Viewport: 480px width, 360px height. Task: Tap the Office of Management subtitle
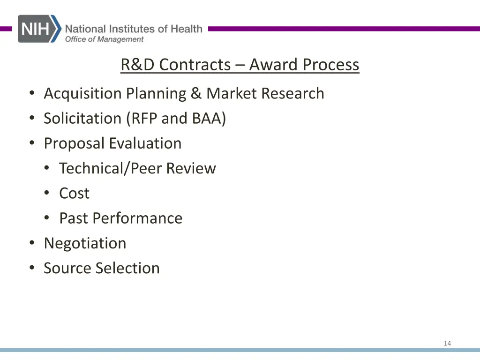(x=104, y=39)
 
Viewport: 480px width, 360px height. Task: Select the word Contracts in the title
(x=195, y=65)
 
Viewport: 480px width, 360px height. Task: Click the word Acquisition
(x=82, y=94)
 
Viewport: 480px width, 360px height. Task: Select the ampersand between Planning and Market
(x=195, y=93)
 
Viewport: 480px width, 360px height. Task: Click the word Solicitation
(x=82, y=119)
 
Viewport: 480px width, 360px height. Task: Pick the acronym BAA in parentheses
(x=209, y=119)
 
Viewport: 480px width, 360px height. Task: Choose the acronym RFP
(x=142, y=119)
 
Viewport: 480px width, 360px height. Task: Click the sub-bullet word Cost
(x=74, y=193)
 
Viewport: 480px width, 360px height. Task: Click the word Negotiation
(x=85, y=243)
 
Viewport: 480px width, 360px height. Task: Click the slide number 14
(x=447, y=344)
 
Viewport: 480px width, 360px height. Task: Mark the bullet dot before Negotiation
(x=31, y=243)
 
